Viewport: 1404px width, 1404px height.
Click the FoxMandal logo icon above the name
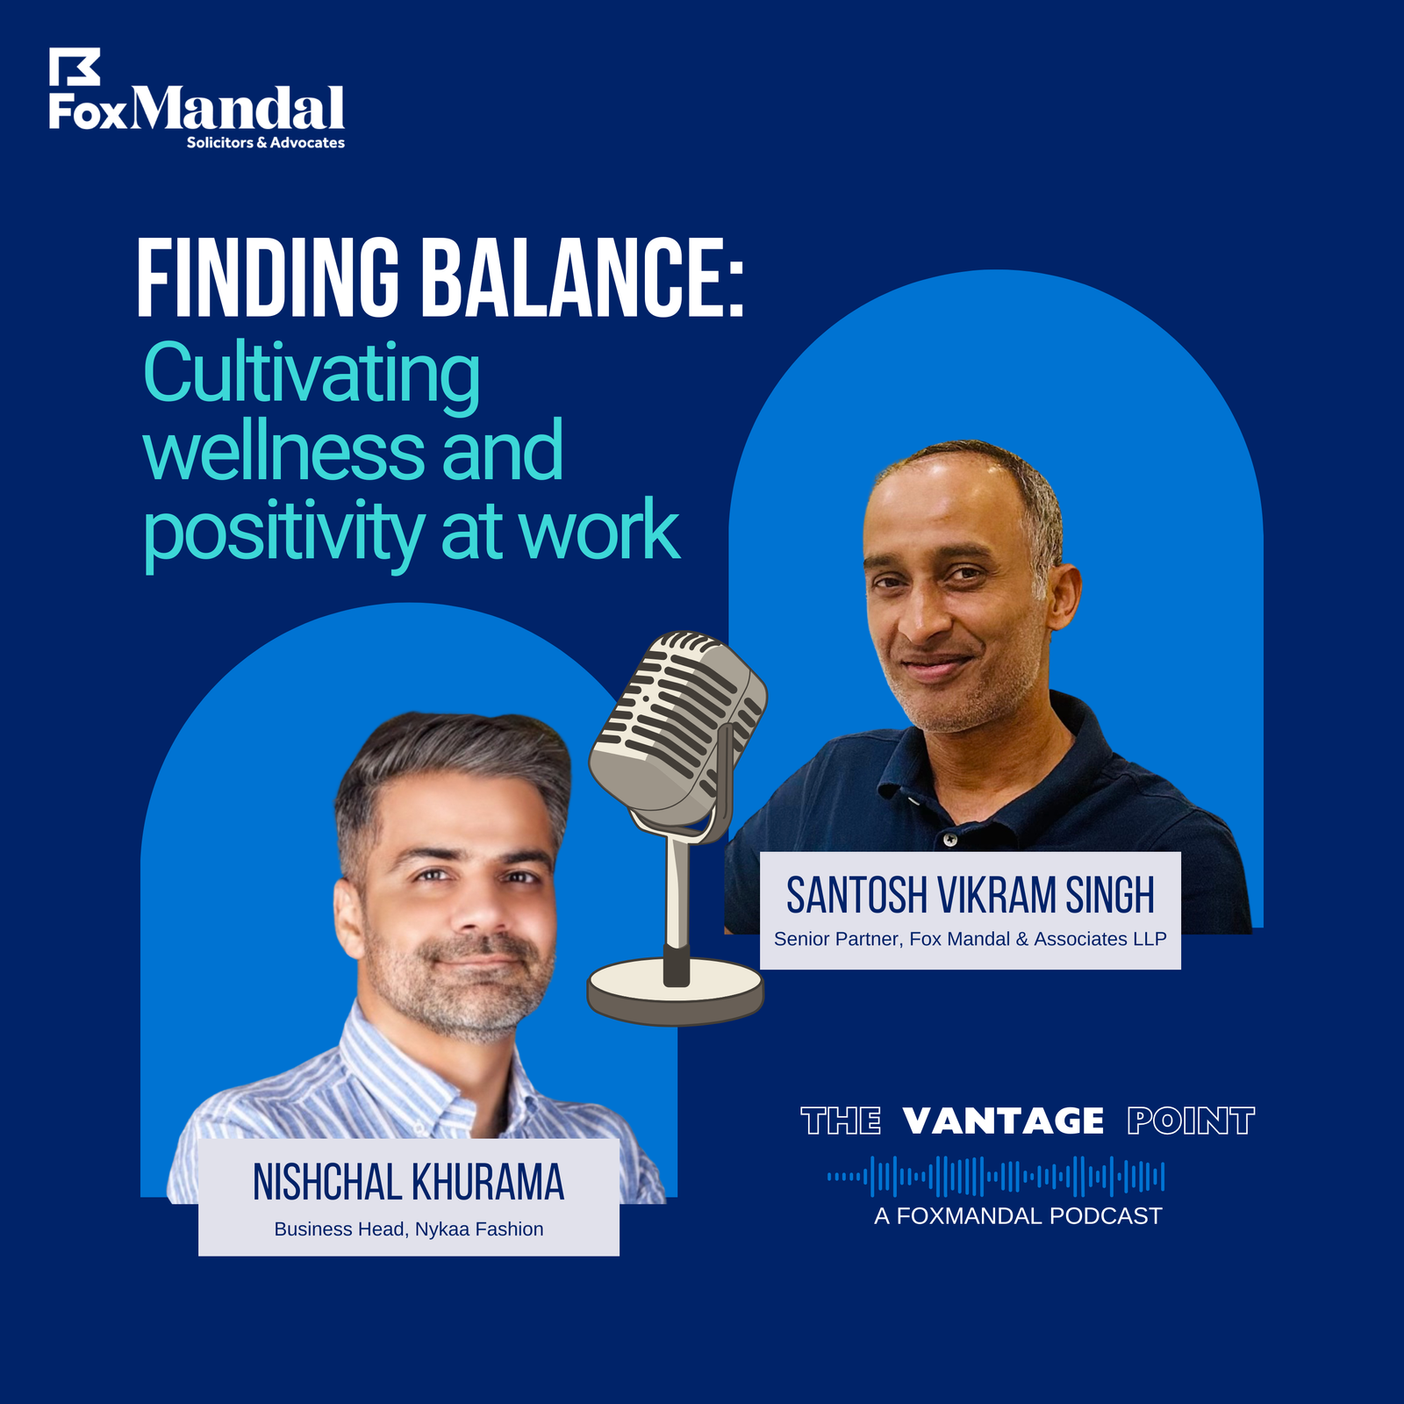coord(74,67)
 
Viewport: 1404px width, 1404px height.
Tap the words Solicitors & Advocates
coord(266,142)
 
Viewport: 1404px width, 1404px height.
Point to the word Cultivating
coord(312,375)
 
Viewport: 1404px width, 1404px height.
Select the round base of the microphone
coord(676,992)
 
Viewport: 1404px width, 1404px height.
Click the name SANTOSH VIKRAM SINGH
coord(970,895)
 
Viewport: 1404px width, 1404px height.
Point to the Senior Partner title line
coord(970,939)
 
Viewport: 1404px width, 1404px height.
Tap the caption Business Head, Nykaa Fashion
coord(409,1229)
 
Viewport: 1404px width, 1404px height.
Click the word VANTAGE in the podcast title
coord(1003,1121)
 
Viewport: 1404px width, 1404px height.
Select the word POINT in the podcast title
coord(1191,1121)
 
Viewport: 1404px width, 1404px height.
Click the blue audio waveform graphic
coord(996,1177)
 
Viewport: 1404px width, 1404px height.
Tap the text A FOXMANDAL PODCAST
coord(1018,1216)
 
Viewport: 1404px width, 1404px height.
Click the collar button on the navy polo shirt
coord(950,840)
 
